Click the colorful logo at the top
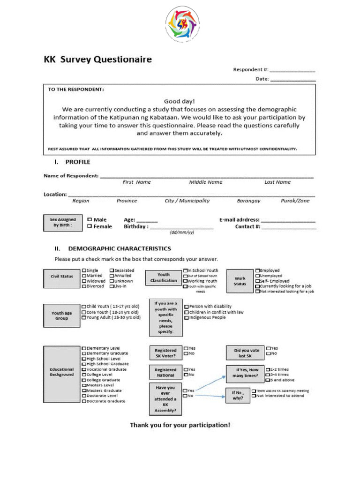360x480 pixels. (x=182, y=22)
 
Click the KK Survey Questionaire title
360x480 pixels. (x=97, y=60)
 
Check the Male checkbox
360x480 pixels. (x=90, y=219)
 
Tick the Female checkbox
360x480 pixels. (x=90, y=226)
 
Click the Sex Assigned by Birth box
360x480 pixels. (x=63, y=222)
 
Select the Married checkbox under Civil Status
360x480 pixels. (x=84, y=276)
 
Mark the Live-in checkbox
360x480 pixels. (x=112, y=286)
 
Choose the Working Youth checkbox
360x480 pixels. (x=186, y=281)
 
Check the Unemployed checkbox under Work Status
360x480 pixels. (x=258, y=276)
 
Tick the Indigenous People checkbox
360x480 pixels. (x=186, y=317)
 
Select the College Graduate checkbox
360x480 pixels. (x=84, y=380)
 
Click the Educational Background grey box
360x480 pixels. (x=61, y=372)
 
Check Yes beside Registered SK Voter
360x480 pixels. (x=186, y=348)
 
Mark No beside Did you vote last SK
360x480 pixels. (x=268, y=353)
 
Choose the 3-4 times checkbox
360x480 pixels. (x=267, y=375)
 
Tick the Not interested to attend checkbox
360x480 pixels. (x=254, y=396)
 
